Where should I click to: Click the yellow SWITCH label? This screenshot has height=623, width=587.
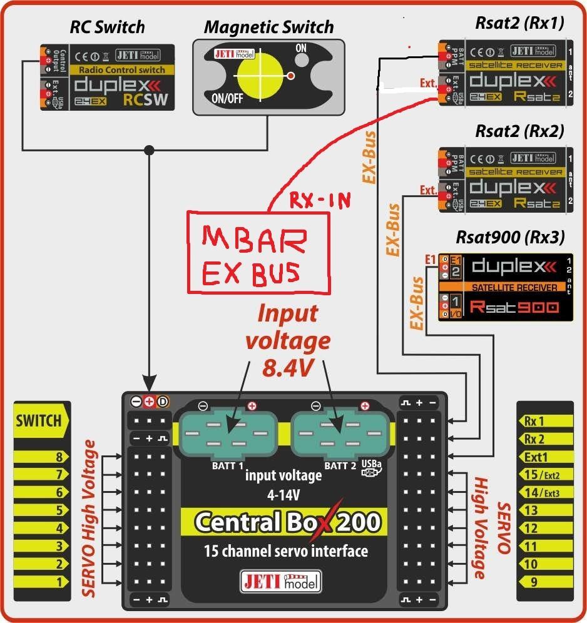tap(39, 420)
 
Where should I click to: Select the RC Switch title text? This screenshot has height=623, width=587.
tap(107, 28)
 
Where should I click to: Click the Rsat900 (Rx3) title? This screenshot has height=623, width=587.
tap(511, 237)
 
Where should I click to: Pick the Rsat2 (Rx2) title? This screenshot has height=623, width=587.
tap(519, 131)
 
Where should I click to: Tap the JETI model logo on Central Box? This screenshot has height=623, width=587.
tap(280, 581)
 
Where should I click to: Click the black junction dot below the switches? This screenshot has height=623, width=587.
tap(148, 150)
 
